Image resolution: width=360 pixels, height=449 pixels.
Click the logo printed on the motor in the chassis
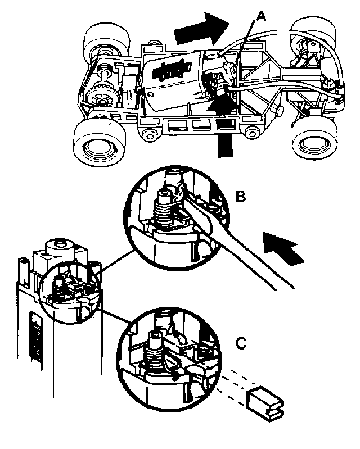(174, 71)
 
